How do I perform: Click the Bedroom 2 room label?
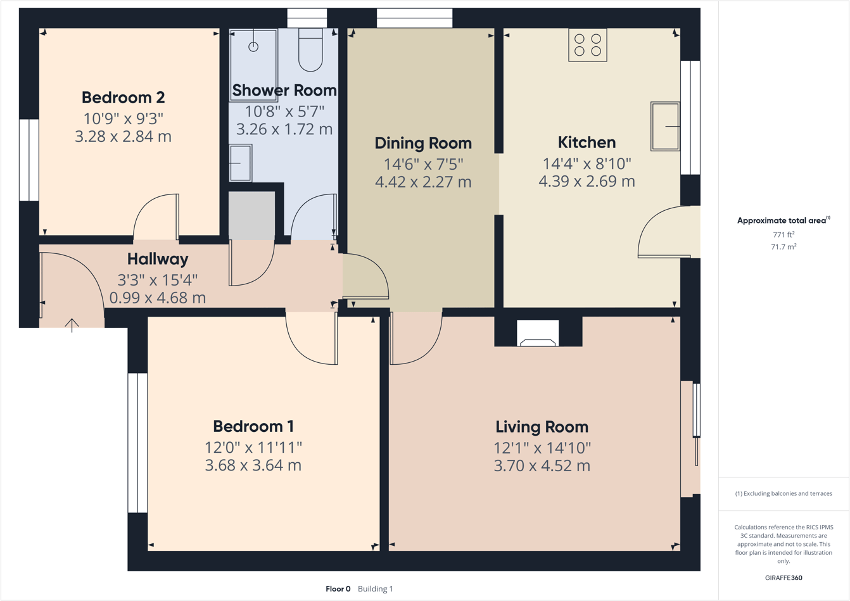click(x=123, y=98)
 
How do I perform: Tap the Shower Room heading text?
click(x=284, y=91)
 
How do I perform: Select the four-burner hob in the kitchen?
click(x=587, y=45)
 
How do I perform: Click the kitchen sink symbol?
click(x=665, y=127)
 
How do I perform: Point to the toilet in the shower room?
click(x=310, y=51)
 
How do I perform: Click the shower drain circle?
click(x=253, y=47)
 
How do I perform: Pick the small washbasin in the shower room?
click(x=240, y=163)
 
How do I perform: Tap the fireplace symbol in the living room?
click(x=538, y=334)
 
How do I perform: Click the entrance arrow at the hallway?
click(x=72, y=325)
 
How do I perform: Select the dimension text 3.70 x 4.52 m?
click(x=542, y=466)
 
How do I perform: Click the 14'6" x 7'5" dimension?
click(x=423, y=164)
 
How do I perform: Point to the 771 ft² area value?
click(x=783, y=235)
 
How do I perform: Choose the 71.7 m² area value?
click(x=783, y=247)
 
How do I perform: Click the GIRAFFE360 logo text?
click(x=783, y=578)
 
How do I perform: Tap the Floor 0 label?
click(x=338, y=589)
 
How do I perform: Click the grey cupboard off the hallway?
click(x=251, y=216)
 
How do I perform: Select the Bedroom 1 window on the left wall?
click(x=137, y=443)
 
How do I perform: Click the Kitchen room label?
click(x=587, y=142)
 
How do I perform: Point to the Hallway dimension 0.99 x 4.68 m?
click(x=157, y=298)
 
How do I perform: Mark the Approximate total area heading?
click(x=783, y=220)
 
